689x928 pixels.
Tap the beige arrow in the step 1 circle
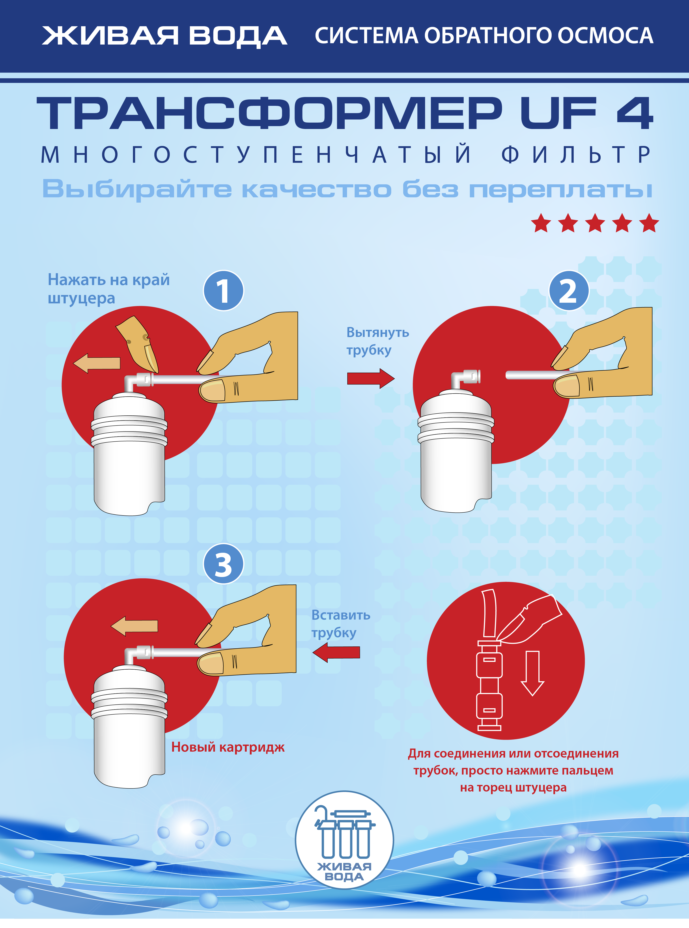pos(97,363)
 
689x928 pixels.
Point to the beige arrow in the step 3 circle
pos(134,626)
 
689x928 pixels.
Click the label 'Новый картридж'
pos(228,747)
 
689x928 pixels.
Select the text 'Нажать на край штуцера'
pos(108,289)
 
